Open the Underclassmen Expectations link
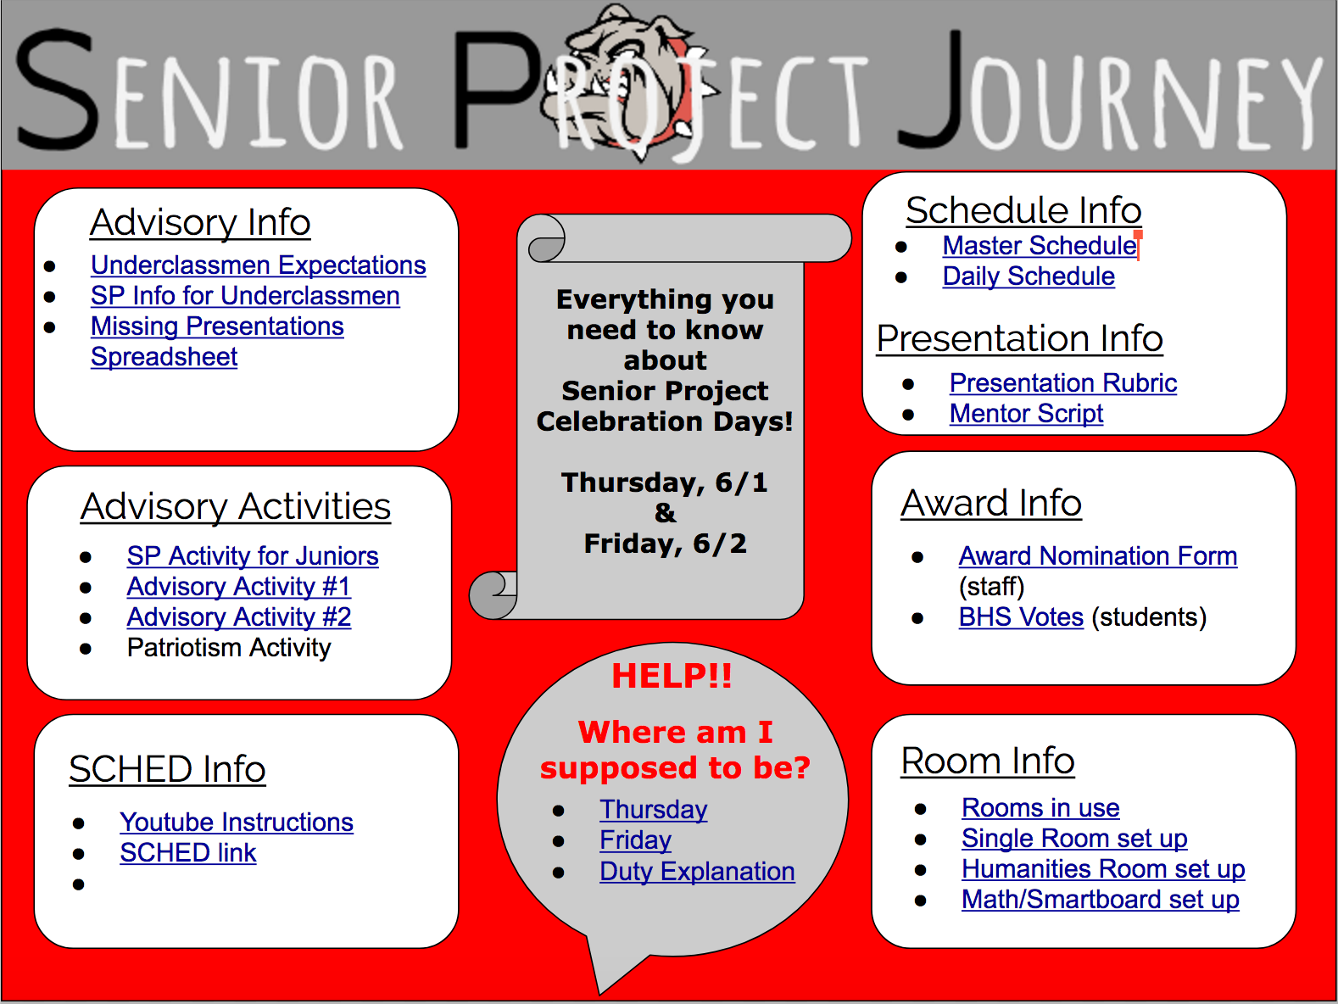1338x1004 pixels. tap(258, 265)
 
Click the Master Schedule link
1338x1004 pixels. tap(1040, 246)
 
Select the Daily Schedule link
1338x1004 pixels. tap(1029, 276)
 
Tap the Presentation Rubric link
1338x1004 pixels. tap(1063, 382)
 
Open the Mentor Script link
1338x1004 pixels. tap(1026, 413)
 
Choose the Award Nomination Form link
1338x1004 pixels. tap(1098, 556)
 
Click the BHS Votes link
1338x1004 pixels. tap(1021, 617)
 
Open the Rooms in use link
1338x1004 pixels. tap(1040, 808)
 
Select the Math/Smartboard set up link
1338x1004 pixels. tap(1101, 899)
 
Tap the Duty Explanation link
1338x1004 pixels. tap(697, 871)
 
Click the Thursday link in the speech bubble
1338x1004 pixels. tap(654, 810)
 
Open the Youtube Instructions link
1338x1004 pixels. tap(237, 823)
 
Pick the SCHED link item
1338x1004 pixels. tap(187, 853)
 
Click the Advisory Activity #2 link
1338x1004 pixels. tap(239, 617)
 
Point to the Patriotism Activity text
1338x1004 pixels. tap(229, 647)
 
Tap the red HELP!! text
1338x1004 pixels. tap(672, 676)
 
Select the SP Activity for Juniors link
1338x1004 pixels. tap(253, 556)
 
